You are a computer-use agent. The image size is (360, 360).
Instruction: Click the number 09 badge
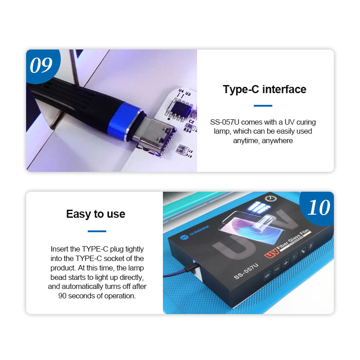41,66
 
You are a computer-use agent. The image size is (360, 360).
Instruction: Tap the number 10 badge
319,207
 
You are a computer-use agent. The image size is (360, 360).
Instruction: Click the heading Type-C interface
265,89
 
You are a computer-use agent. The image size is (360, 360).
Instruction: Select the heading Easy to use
95,214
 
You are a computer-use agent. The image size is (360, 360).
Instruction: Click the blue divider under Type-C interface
263,106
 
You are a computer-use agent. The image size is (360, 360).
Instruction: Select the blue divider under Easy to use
97,231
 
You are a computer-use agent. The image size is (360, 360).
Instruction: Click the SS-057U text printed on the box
246,272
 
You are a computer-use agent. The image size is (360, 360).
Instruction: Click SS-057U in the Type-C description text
225,122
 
